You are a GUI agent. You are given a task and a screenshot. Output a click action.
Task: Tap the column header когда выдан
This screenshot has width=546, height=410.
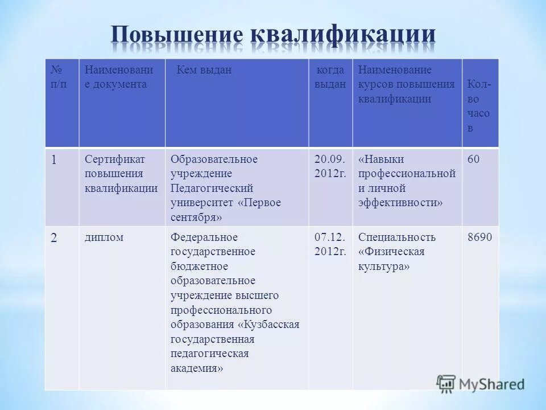coord(330,77)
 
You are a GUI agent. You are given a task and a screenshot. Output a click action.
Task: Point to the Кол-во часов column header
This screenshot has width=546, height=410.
coord(479,106)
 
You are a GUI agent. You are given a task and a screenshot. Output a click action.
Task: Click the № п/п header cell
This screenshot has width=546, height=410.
coord(61,77)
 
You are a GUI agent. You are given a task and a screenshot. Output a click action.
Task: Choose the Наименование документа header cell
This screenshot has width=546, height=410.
coord(119,77)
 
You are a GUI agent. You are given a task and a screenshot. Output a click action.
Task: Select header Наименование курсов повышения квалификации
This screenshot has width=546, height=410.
coord(406,84)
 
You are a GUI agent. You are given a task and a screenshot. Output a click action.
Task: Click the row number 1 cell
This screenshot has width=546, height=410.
coord(53,160)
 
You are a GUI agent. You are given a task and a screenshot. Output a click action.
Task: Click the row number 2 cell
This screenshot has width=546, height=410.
coord(53,238)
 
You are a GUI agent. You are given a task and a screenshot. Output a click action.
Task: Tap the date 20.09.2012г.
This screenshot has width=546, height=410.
coord(330,166)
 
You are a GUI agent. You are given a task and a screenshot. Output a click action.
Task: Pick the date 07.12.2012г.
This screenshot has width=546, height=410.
coord(330,244)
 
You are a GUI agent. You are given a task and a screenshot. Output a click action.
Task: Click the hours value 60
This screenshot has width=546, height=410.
coord(473,159)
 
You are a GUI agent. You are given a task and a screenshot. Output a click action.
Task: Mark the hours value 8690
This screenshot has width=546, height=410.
coord(479,237)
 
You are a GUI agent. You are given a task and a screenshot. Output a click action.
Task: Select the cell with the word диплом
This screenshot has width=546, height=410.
coord(104,237)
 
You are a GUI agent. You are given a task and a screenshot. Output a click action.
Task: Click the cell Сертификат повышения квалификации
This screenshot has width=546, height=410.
coord(121,174)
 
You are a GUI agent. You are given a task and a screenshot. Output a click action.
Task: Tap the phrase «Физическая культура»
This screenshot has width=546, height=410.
coord(391,259)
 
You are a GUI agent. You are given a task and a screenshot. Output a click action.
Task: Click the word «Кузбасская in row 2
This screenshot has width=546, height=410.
coord(269,325)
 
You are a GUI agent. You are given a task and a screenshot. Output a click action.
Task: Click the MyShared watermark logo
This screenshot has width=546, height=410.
coord(481,384)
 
